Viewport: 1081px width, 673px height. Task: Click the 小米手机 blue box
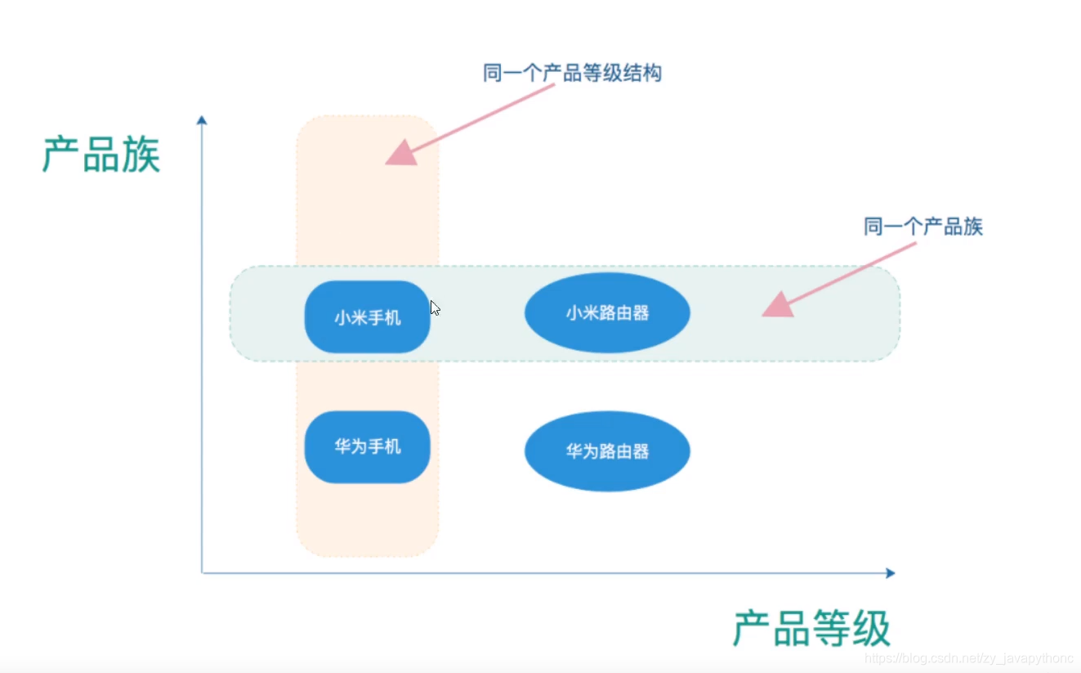click(x=367, y=317)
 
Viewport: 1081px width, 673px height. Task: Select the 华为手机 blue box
click(x=367, y=447)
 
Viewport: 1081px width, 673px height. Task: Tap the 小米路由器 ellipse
click(x=607, y=312)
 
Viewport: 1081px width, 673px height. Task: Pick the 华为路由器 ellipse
click(x=607, y=451)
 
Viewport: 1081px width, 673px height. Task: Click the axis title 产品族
click(x=101, y=155)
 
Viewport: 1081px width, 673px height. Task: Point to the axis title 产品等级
click(x=811, y=629)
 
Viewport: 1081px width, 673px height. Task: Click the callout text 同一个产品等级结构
click(x=572, y=74)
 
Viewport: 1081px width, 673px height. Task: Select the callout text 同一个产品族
click(x=923, y=227)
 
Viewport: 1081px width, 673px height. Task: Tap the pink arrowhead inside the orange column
click(x=400, y=153)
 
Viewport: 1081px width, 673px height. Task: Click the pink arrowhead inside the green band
click(x=778, y=306)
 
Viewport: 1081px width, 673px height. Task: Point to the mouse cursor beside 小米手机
click(x=435, y=308)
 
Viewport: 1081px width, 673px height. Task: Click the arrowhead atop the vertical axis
click(x=202, y=120)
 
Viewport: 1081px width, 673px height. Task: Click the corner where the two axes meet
click(x=202, y=573)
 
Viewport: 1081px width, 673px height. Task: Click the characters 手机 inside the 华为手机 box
click(x=384, y=447)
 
